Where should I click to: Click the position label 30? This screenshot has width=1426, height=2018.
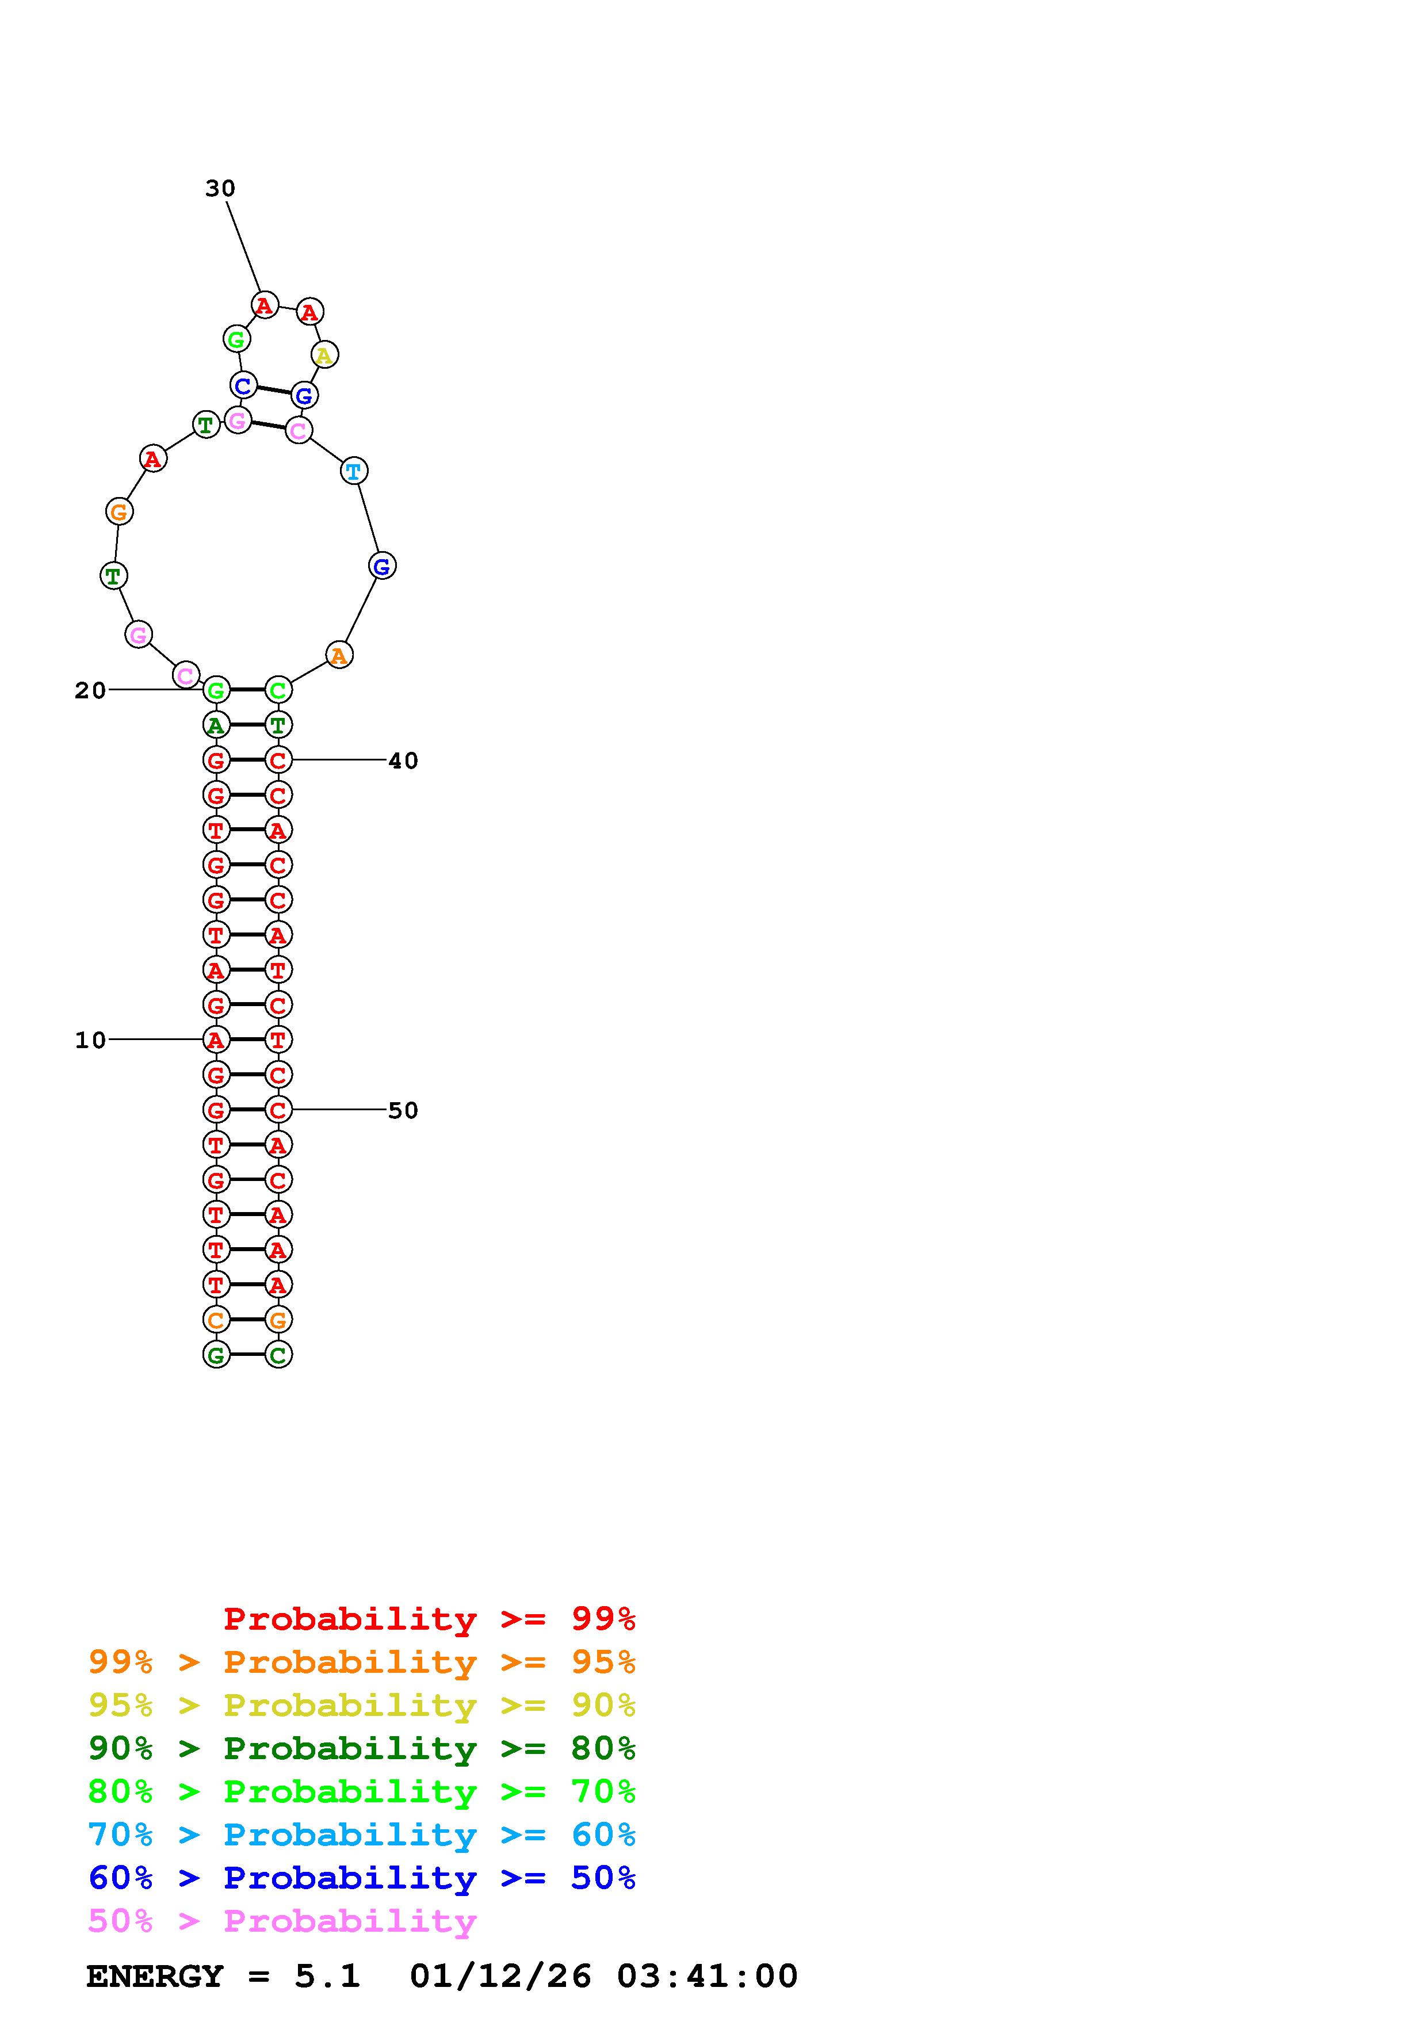pos(220,188)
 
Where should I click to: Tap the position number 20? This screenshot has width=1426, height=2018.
pos(90,691)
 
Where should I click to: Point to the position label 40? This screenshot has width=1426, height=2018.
pos(403,761)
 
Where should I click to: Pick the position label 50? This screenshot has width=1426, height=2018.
pos(403,1111)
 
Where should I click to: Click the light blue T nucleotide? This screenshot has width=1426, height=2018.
pos(353,471)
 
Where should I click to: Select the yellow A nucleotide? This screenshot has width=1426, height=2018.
pos(324,355)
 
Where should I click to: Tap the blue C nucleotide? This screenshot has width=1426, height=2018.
pos(243,385)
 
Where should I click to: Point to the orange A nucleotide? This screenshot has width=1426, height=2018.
pos(339,655)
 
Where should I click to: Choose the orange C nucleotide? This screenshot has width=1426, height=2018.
pos(216,1320)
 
